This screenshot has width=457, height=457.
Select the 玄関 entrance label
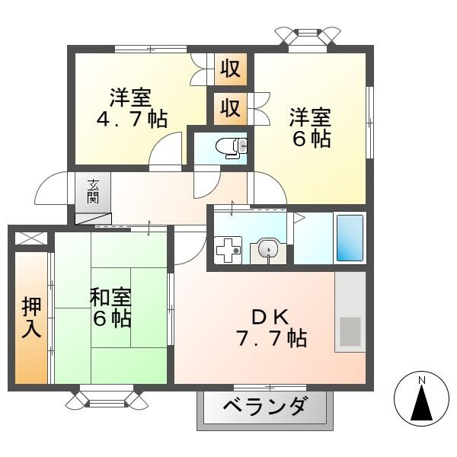(x=93, y=191)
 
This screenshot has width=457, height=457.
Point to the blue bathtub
(x=350, y=238)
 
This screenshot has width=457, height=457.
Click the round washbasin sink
(x=266, y=248)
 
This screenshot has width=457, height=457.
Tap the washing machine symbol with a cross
(x=227, y=250)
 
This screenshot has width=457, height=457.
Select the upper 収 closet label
(x=230, y=69)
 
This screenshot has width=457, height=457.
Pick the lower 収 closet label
(x=230, y=107)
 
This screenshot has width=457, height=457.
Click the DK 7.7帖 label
(x=270, y=328)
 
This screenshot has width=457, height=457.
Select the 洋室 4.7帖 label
(x=131, y=107)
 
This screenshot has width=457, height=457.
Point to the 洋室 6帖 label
(x=310, y=127)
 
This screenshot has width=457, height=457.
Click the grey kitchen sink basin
(x=350, y=331)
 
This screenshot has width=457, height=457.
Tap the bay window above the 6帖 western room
(x=308, y=35)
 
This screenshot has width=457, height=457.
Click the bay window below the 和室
(x=104, y=398)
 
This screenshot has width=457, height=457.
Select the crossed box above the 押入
(x=30, y=238)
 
